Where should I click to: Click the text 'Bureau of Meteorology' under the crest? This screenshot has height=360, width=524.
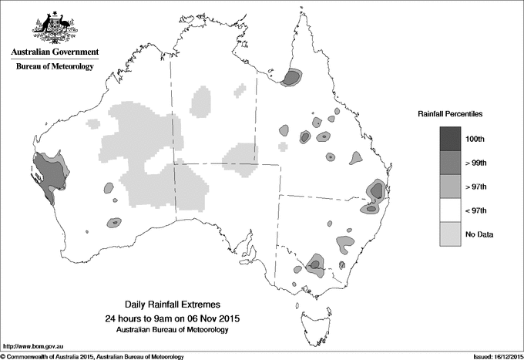[54, 67]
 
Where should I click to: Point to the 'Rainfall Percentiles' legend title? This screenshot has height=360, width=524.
[450, 114]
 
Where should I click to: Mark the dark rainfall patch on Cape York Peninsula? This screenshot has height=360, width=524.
[292, 77]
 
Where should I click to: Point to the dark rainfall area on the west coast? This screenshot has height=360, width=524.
[48, 176]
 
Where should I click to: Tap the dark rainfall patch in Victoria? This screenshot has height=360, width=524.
[314, 265]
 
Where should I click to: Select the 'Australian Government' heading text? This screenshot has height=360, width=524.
[54, 52]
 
